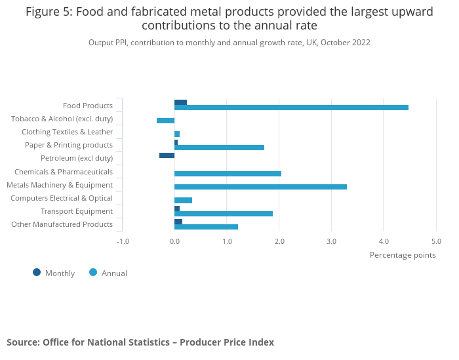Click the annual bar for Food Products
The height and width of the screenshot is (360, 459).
coord(291,108)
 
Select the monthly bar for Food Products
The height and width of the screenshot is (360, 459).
coord(181,102)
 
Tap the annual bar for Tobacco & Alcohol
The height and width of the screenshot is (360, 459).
coord(166,121)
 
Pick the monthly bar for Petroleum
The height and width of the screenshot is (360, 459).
coord(167,155)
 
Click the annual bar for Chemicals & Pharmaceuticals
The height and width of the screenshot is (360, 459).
coord(228,174)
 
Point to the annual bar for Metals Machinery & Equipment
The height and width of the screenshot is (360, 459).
coord(260,187)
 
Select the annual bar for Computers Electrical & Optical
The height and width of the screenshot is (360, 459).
coord(184,200)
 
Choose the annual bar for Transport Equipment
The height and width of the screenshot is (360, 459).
coord(224,214)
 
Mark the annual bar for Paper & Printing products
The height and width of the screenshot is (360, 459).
coord(219,148)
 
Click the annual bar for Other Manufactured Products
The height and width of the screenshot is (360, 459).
coord(206,227)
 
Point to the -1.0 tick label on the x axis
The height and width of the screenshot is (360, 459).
coord(123,241)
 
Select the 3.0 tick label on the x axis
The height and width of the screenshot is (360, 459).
coord(331,241)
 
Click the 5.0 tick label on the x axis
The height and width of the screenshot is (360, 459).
coord(436,241)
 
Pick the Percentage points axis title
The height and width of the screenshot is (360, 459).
coord(403,255)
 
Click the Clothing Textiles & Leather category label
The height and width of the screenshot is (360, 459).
coord(67,132)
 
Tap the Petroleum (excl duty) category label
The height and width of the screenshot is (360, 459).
coord(77,158)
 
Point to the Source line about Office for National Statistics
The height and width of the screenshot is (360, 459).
coord(140,342)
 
